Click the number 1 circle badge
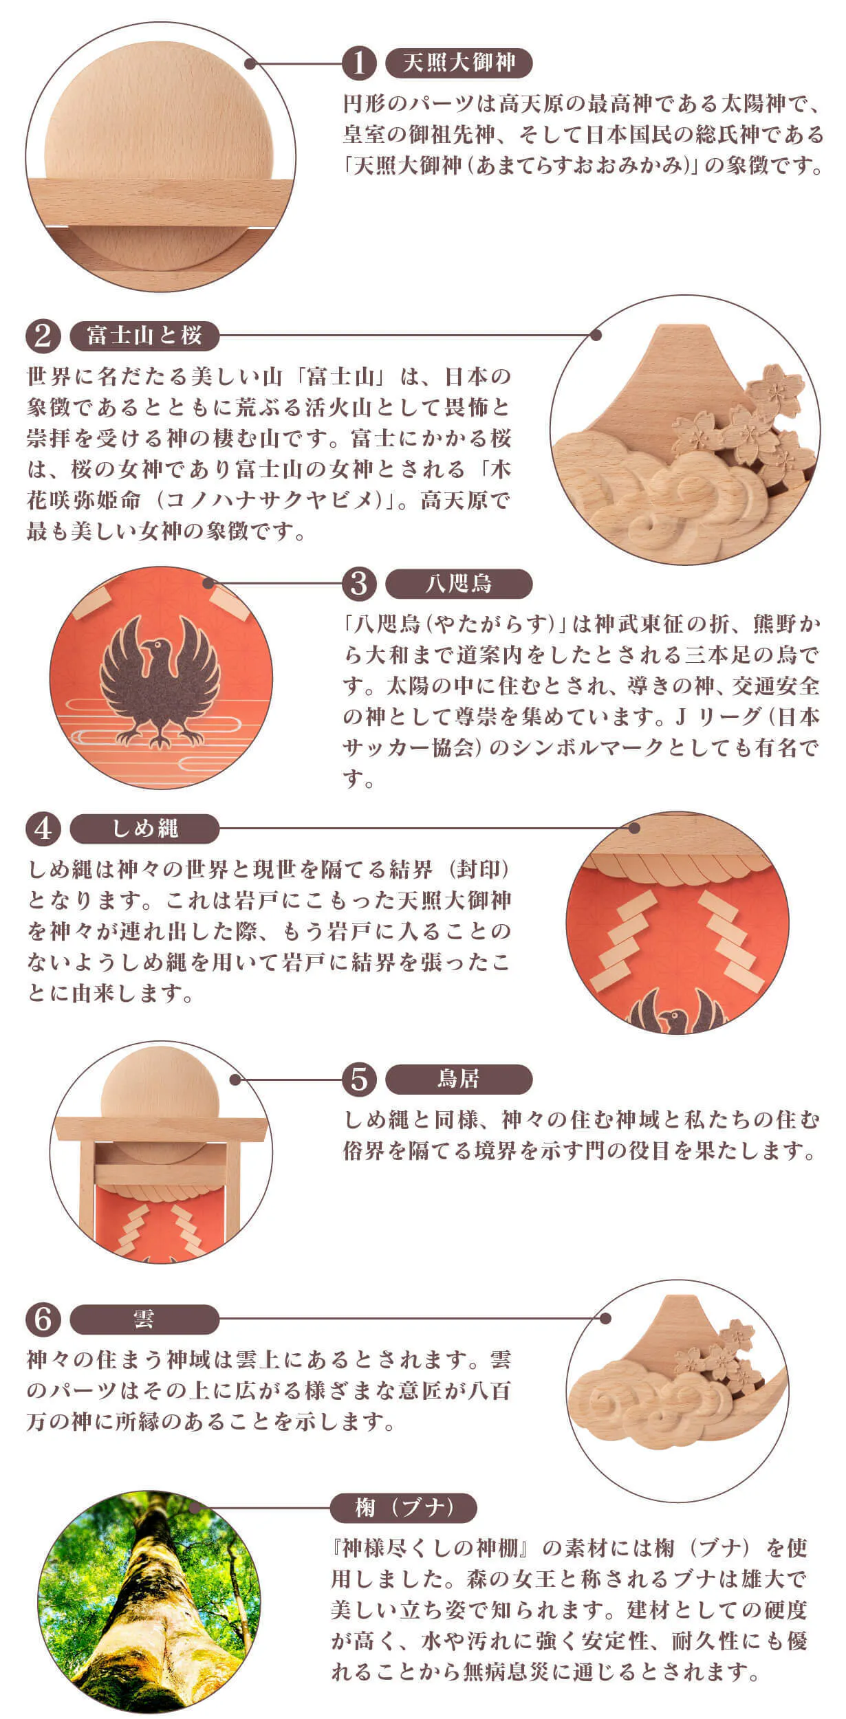pos(359,63)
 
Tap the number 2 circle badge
pos(43,336)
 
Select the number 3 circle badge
pos(359,584)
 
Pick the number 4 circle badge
pos(43,829)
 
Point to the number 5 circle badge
pos(359,1079)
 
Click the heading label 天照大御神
pos(459,63)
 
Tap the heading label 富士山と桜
pos(144,336)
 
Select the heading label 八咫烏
pos(459,584)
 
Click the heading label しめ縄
pos(144,829)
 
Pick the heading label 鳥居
pos(459,1079)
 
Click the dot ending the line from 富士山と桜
pos(596,336)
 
